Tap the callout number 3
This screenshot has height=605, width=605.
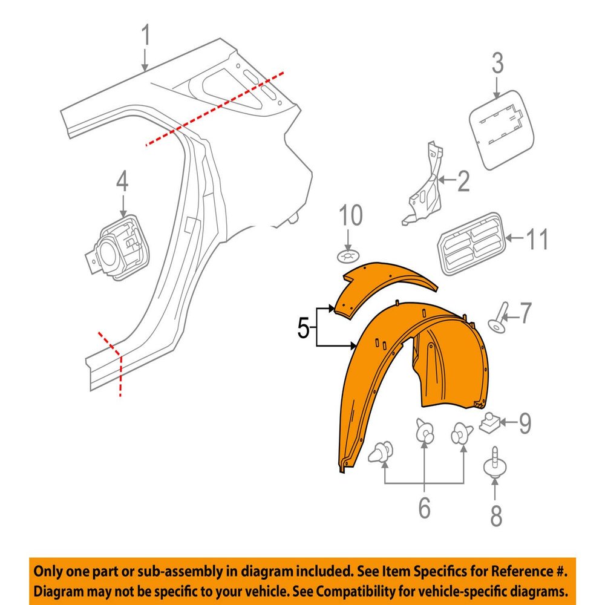pos(497,64)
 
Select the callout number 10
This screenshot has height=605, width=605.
pos(351,215)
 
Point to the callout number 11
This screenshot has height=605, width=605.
pos(537,239)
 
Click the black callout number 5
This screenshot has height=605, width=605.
pos(303,329)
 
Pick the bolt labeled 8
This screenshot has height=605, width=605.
pos(495,464)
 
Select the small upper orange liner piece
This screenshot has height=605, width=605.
pos(385,289)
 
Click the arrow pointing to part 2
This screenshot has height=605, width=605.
pos(447,180)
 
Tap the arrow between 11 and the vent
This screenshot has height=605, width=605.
pos(515,238)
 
